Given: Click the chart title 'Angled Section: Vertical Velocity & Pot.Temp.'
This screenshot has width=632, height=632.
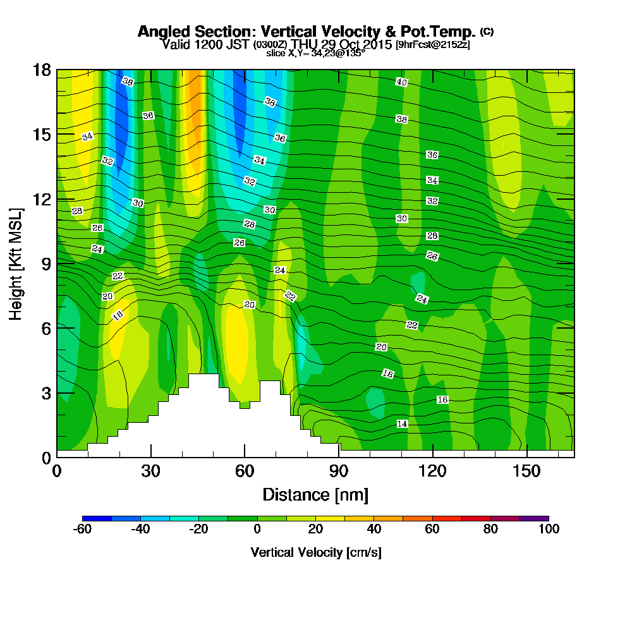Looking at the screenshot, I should tap(307, 32).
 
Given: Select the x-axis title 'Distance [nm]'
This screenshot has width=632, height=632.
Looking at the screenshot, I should tap(315, 494).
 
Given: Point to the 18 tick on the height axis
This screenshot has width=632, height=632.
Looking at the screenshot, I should tap(42, 70).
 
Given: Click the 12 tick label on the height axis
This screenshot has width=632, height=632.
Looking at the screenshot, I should tap(42, 199).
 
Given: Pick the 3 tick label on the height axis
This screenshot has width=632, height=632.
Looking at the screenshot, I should tap(46, 392).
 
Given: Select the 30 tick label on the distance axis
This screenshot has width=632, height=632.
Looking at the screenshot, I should tap(150, 471).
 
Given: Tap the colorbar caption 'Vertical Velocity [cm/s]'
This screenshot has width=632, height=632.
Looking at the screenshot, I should tap(315, 552).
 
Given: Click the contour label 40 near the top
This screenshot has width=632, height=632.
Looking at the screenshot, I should tap(402, 82).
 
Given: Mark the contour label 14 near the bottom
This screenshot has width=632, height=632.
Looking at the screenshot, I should tap(402, 423).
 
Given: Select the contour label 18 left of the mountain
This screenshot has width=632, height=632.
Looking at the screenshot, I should tap(118, 315).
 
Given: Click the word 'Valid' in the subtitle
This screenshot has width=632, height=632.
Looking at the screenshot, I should tap(175, 44).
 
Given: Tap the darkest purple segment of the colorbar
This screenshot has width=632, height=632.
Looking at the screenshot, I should tap(534, 518).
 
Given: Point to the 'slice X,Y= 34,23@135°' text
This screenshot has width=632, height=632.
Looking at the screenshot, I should tap(315, 54).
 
